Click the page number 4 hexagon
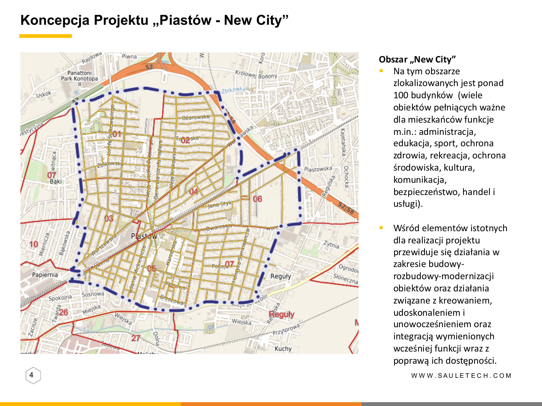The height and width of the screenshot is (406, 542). point(32,375)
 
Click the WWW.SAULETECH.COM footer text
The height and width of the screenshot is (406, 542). point(461,376)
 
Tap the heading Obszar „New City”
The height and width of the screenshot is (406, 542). point(417,59)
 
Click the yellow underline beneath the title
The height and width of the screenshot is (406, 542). point(45,36)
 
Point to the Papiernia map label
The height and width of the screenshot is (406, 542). point(45,275)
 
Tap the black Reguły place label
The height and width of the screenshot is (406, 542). point(281,276)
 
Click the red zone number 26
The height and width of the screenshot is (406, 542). point(63,312)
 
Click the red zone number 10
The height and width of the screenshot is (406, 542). point(34,244)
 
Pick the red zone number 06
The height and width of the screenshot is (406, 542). point(257,199)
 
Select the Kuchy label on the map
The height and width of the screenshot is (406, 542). point(283,348)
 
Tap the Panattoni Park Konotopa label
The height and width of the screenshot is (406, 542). point(79,76)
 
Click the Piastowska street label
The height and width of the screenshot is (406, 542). point(318,169)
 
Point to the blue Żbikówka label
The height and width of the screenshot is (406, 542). point(233,90)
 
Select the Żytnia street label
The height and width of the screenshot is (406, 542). point(331,244)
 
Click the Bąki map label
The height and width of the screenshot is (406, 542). point(56,181)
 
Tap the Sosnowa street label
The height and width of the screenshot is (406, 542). point(93,294)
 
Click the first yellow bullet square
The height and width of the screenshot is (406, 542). point(381,71)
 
